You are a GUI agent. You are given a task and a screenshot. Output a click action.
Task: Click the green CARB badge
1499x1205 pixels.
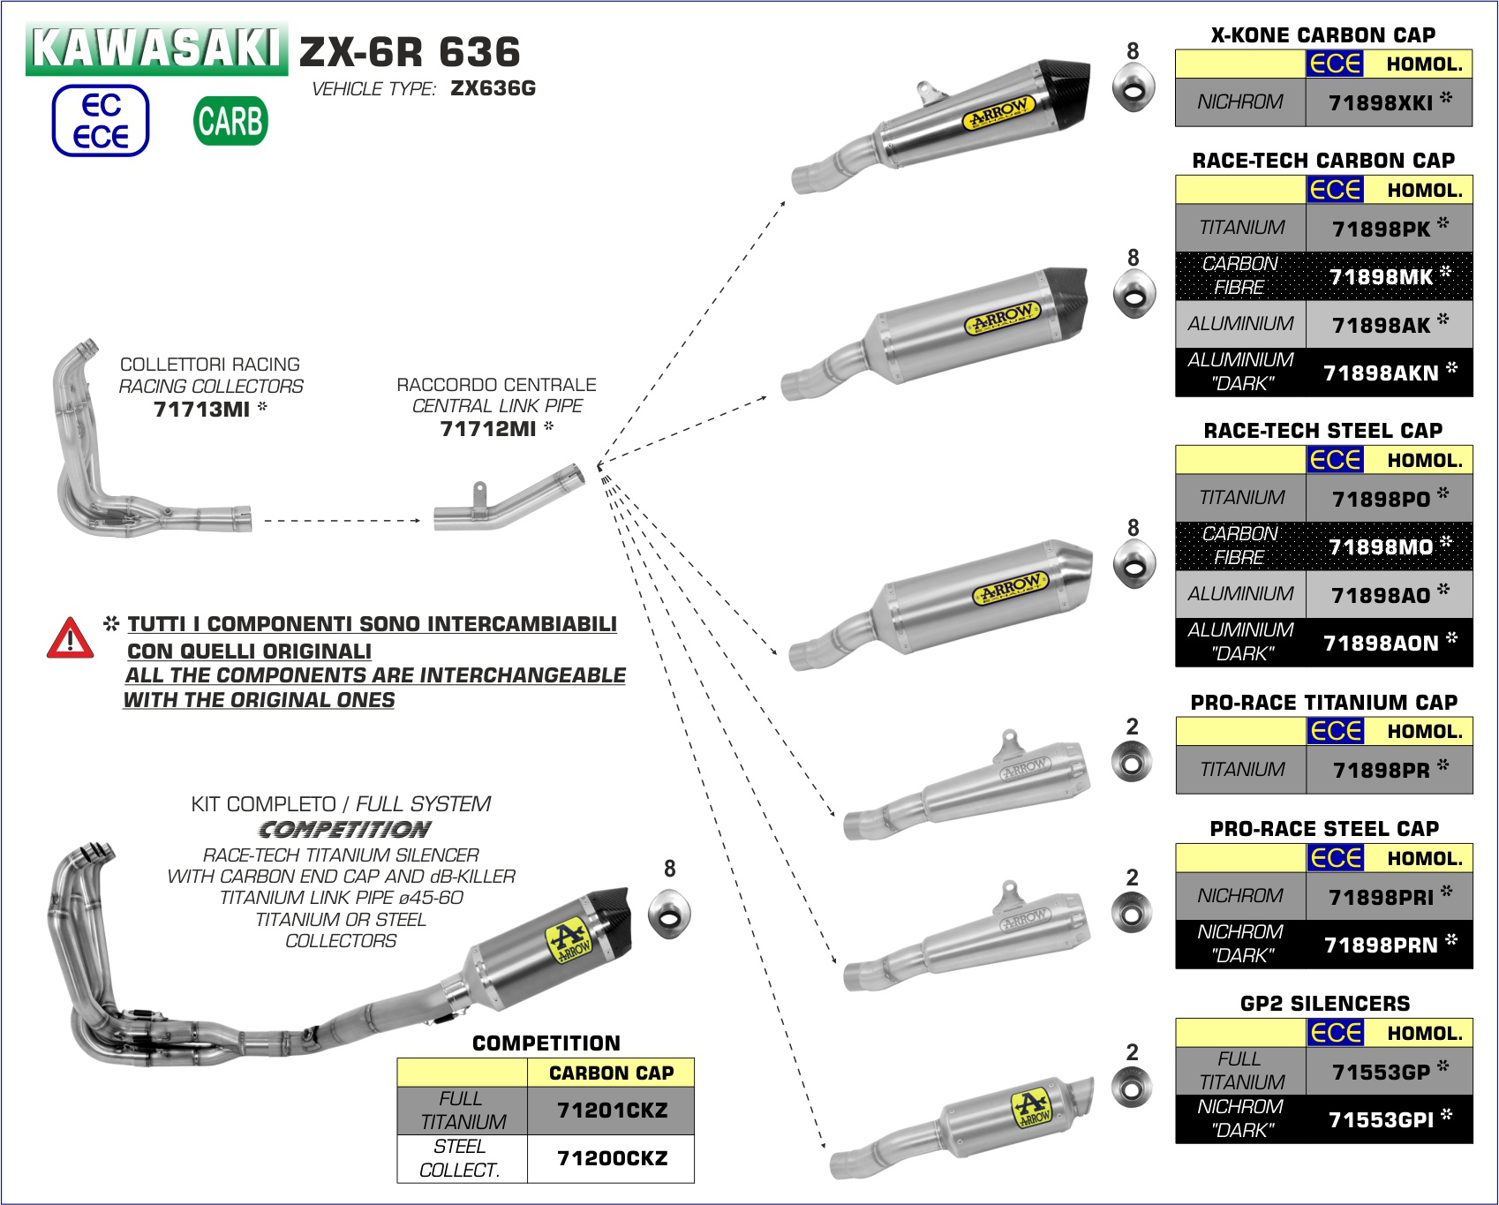(x=230, y=121)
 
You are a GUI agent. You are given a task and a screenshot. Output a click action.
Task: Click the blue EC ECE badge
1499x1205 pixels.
(x=101, y=121)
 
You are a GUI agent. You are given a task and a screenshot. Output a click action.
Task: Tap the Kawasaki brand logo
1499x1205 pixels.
(x=156, y=49)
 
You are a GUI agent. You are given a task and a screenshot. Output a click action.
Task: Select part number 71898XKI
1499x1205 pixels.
(x=1381, y=103)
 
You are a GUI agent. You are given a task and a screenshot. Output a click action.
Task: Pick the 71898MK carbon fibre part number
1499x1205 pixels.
(x=1381, y=277)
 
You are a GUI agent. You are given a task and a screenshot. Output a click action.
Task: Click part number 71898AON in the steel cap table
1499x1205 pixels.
(x=1381, y=644)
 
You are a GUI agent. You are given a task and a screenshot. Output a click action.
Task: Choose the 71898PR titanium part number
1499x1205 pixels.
(x=1381, y=771)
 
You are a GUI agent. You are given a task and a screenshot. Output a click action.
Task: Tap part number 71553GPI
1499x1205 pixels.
(x=1381, y=1120)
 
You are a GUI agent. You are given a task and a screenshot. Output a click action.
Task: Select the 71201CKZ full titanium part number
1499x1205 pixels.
(x=612, y=1111)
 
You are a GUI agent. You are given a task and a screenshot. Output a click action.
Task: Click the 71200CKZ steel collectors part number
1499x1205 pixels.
(x=612, y=1158)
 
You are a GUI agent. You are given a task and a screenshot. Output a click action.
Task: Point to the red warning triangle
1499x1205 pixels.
(x=70, y=638)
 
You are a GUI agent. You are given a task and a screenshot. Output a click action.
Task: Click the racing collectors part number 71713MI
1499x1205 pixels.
(x=201, y=410)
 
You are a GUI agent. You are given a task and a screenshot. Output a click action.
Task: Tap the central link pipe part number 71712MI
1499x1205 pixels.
(x=488, y=429)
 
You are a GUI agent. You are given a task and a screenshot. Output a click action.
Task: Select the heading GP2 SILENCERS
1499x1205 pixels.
(x=1324, y=1004)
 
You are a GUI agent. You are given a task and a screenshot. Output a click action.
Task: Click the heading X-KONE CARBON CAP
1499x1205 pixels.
(x=1322, y=35)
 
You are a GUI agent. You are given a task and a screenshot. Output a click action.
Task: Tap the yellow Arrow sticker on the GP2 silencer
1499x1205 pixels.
(x=1030, y=1109)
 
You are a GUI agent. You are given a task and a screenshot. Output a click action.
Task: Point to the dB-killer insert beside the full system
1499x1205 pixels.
(x=669, y=915)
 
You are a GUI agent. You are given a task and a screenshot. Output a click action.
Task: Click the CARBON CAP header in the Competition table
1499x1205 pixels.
(x=611, y=1073)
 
